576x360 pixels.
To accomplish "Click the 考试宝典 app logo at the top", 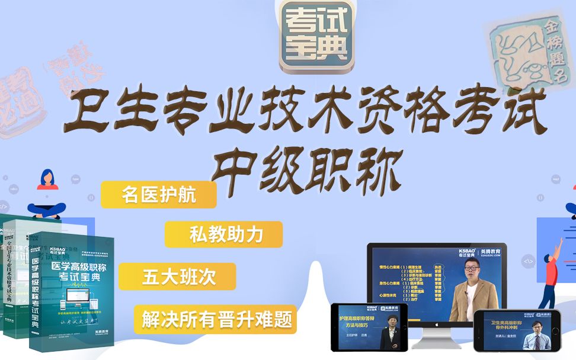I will (x=317, y=37).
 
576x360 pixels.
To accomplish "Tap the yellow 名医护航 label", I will (x=158, y=195).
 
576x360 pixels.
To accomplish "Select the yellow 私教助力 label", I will (x=223, y=234).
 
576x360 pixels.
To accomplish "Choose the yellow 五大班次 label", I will (x=177, y=277).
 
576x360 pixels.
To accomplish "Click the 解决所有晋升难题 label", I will (x=215, y=320).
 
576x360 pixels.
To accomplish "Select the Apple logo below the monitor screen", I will (x=437, y=324).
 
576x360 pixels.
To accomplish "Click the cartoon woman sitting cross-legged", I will (x=47, y=195).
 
